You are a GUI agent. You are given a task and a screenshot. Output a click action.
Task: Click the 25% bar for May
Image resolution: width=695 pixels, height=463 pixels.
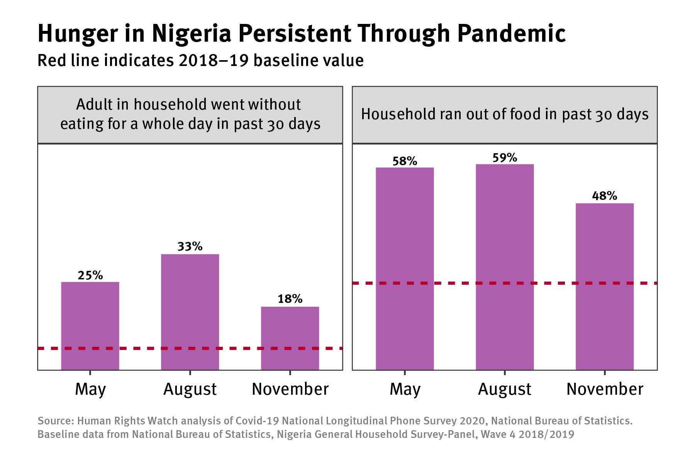90,326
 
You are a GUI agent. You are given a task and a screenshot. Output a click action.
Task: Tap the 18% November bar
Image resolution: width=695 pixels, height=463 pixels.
290,338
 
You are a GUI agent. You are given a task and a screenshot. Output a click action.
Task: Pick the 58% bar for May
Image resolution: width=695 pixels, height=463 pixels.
405,269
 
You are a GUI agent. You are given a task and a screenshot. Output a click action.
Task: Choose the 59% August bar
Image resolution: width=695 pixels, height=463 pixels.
505,267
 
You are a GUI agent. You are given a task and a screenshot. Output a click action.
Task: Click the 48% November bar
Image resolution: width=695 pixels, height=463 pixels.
605,286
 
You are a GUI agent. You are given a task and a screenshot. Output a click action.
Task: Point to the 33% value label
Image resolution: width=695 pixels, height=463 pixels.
190,246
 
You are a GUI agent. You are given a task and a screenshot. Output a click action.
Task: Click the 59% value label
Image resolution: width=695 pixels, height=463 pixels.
505,157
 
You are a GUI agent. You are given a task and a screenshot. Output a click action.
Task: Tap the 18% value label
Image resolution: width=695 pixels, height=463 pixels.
290,299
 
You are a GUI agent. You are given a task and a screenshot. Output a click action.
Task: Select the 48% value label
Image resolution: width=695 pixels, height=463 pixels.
605,196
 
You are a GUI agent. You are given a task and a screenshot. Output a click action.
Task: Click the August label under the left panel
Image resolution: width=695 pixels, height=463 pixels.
190,389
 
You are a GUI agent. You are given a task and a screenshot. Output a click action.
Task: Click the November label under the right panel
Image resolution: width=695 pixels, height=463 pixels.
605,389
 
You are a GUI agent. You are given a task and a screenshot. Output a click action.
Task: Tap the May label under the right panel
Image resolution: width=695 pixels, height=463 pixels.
405,389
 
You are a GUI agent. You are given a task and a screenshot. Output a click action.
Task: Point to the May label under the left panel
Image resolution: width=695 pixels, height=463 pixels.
90,389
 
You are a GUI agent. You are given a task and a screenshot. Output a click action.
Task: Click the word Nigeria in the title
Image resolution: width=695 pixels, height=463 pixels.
191,34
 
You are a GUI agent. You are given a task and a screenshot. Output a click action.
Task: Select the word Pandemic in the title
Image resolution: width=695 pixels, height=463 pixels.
511,34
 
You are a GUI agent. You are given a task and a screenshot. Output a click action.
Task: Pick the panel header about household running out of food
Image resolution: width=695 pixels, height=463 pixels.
505,115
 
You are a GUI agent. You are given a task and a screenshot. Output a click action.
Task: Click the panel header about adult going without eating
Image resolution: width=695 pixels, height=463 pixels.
190,115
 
